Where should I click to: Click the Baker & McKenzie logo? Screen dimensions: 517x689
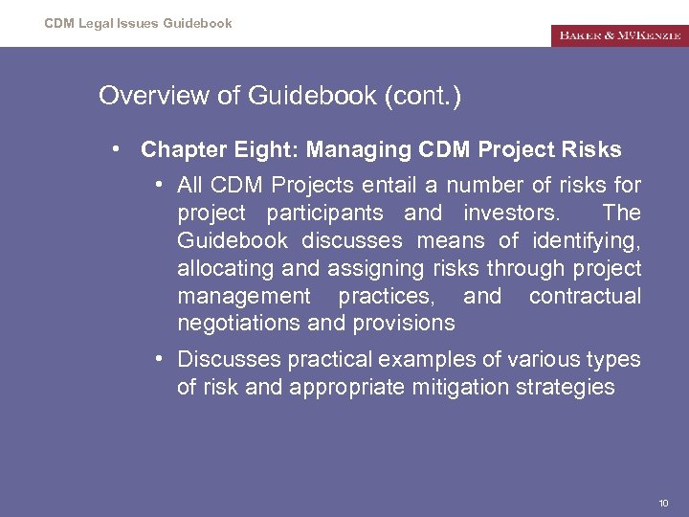(618, 35)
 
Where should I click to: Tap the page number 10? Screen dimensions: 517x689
(663, 503)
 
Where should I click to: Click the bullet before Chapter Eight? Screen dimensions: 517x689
(115, 149)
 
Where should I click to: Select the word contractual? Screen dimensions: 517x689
(585, 296)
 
